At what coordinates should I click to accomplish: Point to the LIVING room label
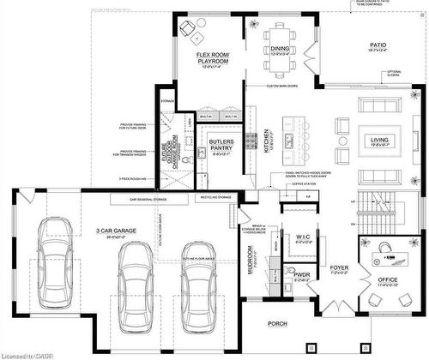point(379,140)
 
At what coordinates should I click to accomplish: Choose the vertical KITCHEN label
point(268,139)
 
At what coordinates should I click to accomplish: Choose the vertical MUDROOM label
point(250,259)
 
